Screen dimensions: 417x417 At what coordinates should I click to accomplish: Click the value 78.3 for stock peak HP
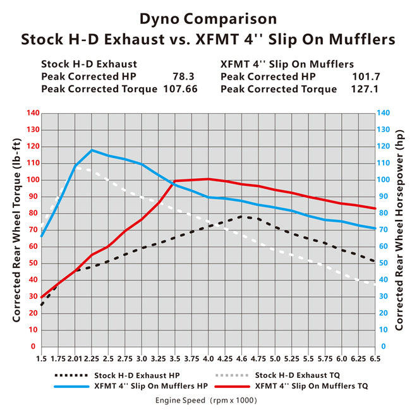(x=184, y=76)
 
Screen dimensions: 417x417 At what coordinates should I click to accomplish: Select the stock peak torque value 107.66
(x=179, y=89)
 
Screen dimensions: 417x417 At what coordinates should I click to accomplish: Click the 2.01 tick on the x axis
(x=75, y=358)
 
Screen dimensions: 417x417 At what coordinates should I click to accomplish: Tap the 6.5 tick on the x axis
(x=376, y=358)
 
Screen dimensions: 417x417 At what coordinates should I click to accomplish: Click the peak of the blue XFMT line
(x=92, y=150)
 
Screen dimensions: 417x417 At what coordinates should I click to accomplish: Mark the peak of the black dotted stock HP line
(x=243, y=216)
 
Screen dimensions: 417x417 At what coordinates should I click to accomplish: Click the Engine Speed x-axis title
(x=206, y=400)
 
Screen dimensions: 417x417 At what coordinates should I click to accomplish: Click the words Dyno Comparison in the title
(x=208, y=18)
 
